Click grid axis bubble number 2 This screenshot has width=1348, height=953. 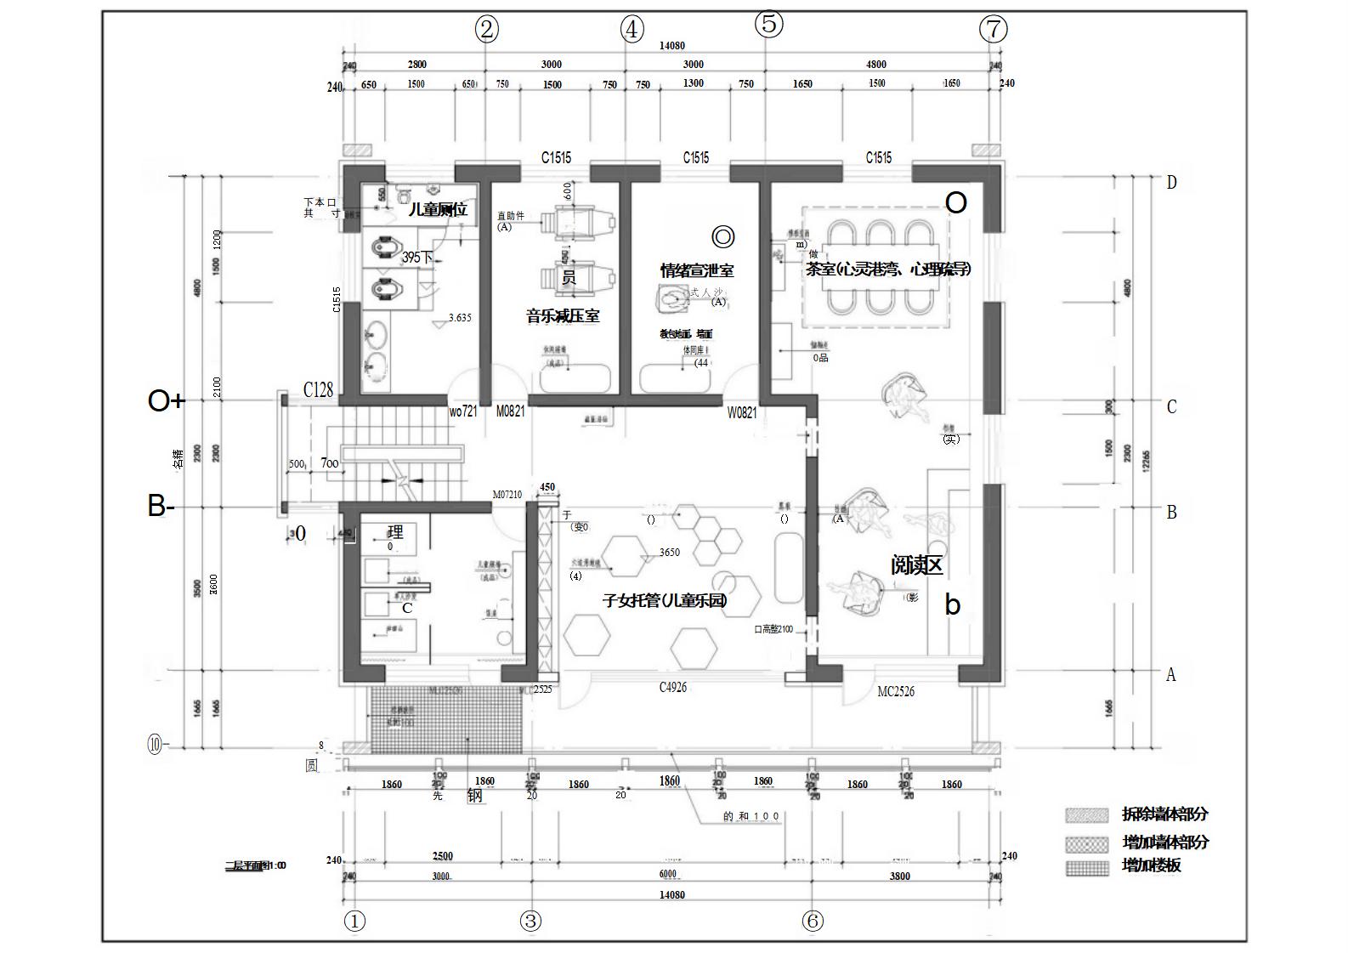tap(486, 30)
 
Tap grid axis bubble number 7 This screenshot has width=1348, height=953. tap(993, 30)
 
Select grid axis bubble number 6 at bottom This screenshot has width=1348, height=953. tap(813, 921)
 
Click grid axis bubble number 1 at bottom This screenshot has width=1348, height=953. tap(354, 922)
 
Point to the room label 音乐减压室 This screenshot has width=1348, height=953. tap(563, 316)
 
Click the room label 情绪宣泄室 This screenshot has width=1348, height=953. tap(697, 270)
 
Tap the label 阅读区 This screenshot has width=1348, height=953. tap(917, 565)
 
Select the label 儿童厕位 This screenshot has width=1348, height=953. tap(438, 209)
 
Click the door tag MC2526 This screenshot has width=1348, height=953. tap(896, 692)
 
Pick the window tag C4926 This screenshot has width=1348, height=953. tap(673, 687)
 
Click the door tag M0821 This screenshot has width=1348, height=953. tap(511, 411)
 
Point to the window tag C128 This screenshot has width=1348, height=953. tap(319, 389)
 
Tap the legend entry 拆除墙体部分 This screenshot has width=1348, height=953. tap(1164, 814)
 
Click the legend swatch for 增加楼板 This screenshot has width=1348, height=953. tap(1087, 867)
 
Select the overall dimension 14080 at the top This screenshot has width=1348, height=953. tap(671, 46)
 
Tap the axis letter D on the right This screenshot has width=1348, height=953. tap(1172, 183)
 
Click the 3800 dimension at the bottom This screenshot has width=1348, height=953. tap(899, 876)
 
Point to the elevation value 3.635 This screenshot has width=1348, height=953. tap(459, 318)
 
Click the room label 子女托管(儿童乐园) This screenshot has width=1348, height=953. tap(666, 600)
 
